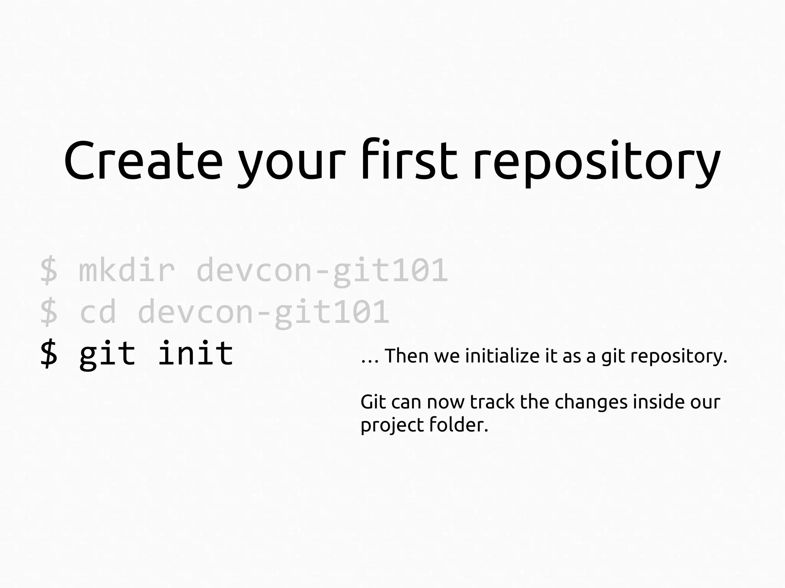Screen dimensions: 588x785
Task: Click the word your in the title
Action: coord(292,165)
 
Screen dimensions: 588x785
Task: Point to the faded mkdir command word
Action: coord(127,270)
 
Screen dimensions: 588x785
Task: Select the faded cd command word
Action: coord(98,312)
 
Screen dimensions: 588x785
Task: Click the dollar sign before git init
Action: coord(49,353)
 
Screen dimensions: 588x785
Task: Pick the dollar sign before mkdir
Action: coord(49,270)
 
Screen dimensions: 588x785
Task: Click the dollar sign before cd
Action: coord(49,312)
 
